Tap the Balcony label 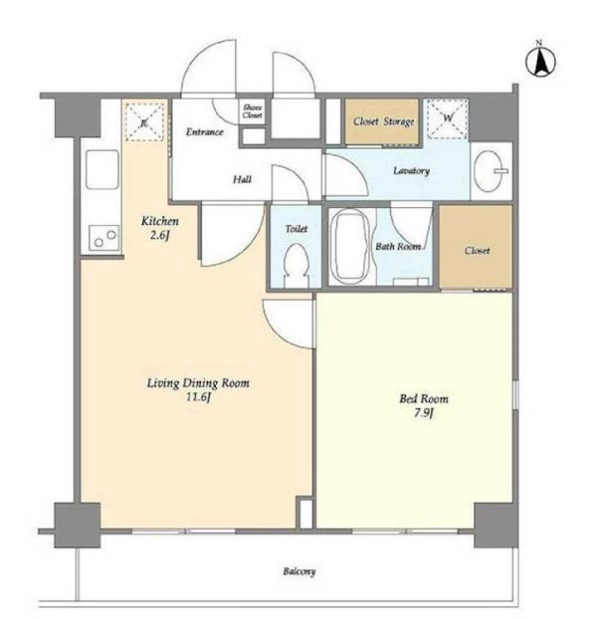click(298, 571)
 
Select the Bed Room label click(424, 399)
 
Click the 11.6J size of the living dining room click(198, 397)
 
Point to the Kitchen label click(160, 221)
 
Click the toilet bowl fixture click(297, 265)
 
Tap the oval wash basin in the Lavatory click(490, 171)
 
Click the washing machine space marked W click(448, 118)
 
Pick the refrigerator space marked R click(144, 122)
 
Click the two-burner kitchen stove click(103, 238)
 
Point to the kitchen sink click(102, 169)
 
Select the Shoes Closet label click(252, 110)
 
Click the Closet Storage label click(384, 121)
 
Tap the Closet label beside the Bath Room click(477, 250)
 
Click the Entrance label click(204, 131)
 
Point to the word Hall click(242, 179)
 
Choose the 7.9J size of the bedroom click(424, 413)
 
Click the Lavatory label click(411, 171)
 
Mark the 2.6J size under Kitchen click(160, 236)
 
